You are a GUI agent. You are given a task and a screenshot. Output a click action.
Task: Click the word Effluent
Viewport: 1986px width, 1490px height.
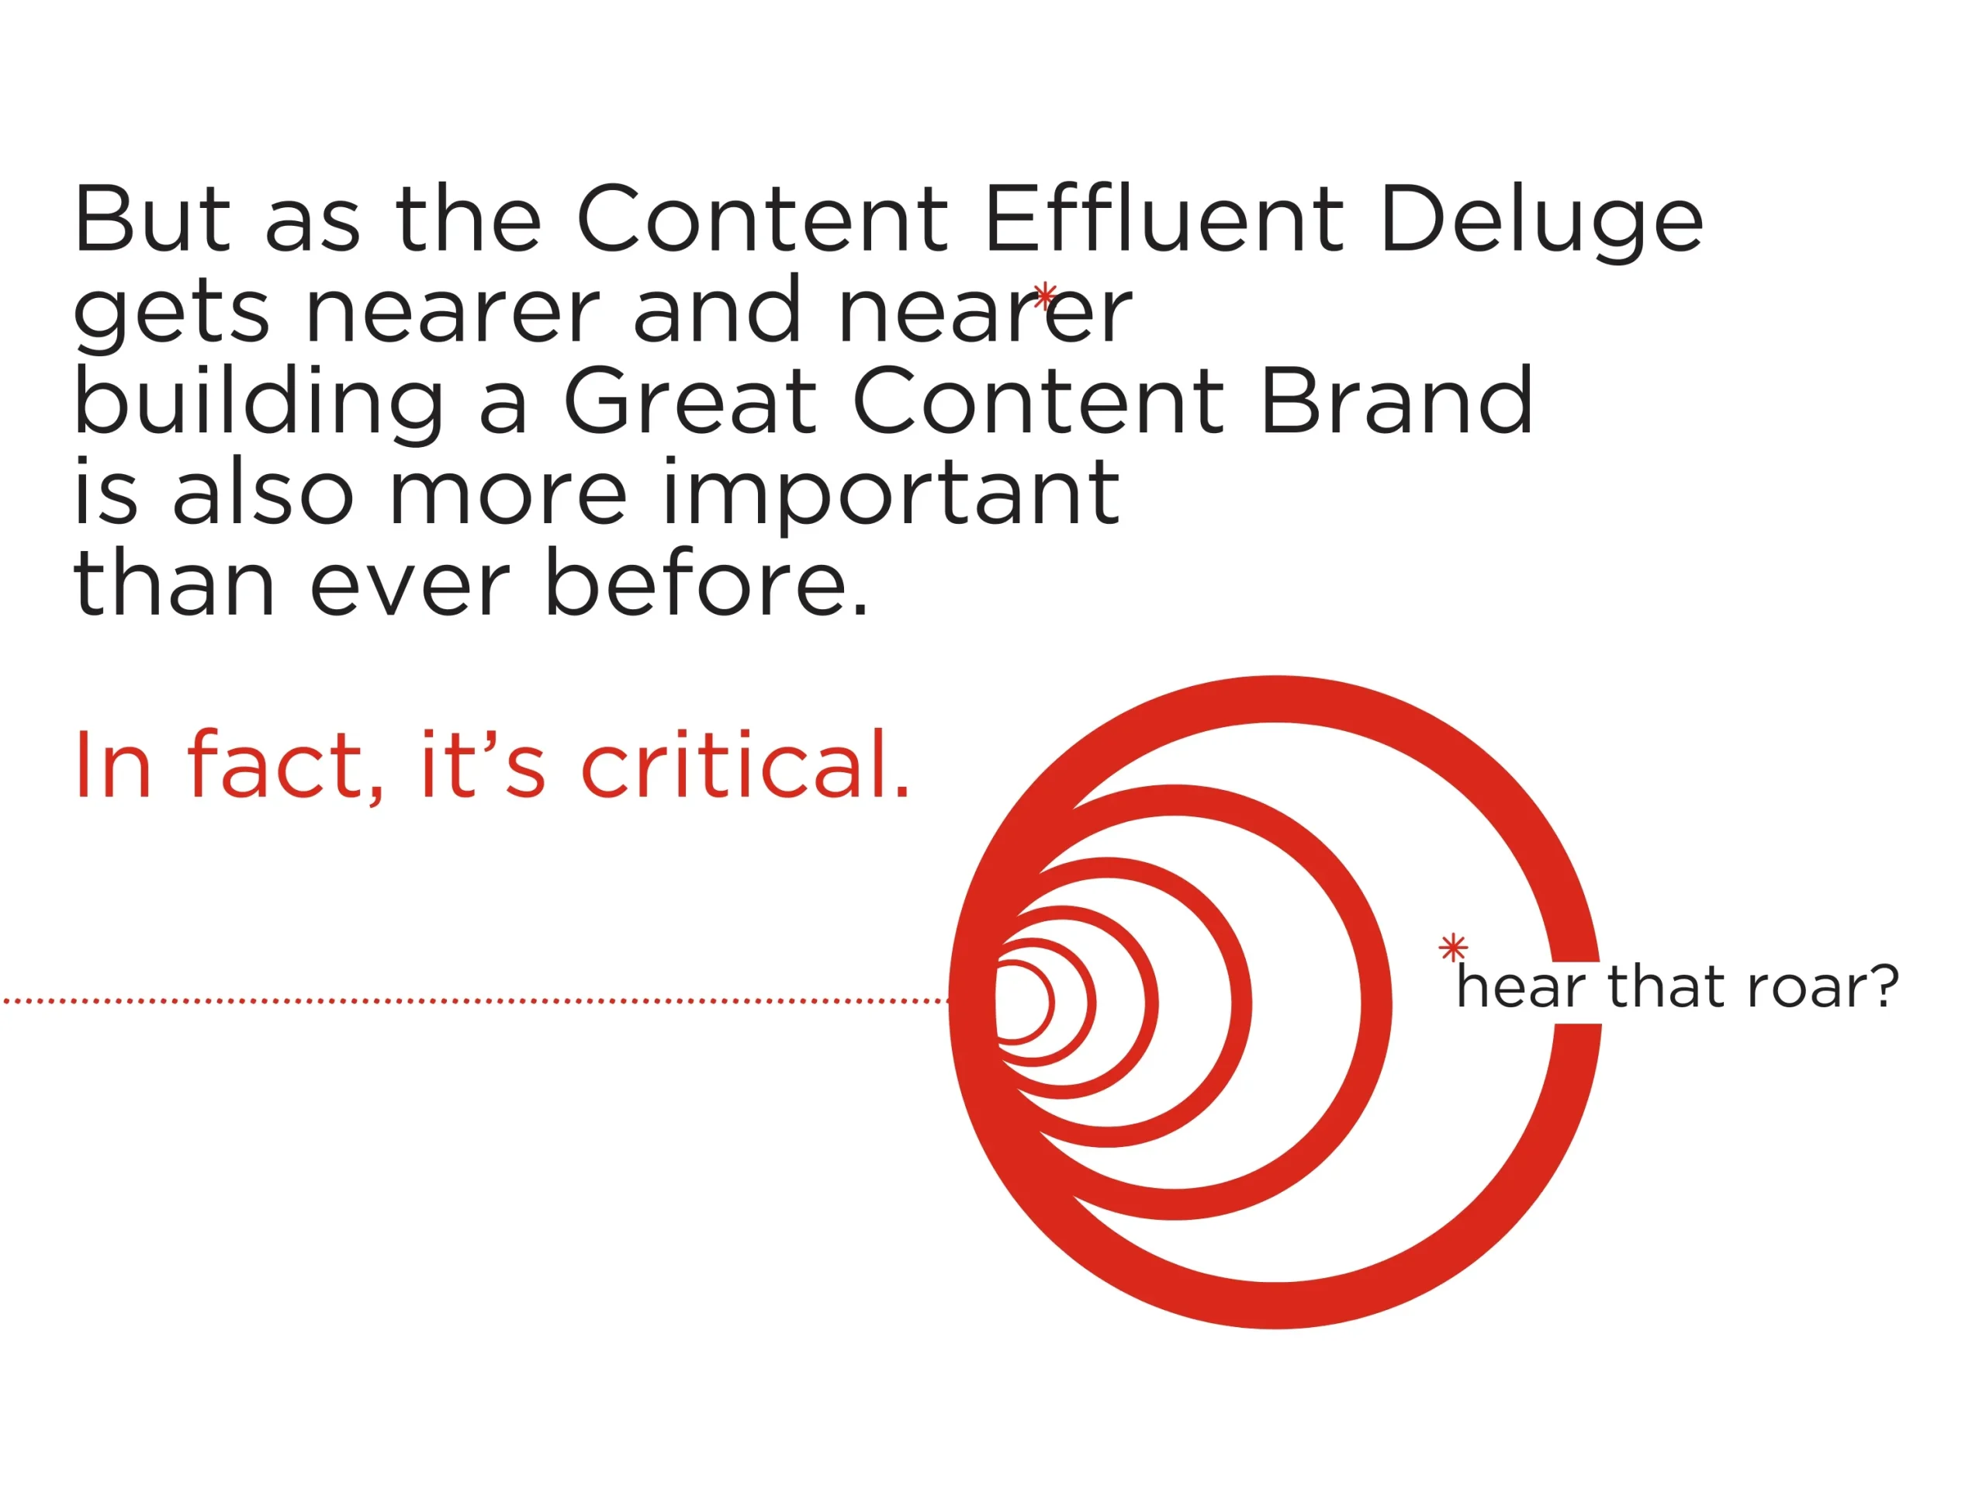click(1164, 218)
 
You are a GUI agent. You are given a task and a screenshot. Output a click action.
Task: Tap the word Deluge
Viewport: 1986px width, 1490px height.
click(1541, 222)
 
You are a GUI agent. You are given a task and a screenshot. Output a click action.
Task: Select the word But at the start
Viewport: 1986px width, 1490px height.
click(153, 218)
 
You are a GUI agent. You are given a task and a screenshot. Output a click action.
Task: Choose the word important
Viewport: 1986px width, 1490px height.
click(891, 495)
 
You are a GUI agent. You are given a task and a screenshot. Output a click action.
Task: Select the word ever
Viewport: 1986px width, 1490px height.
click(410, 588)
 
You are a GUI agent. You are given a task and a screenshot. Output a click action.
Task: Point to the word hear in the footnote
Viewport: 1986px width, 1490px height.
click(1522, 986)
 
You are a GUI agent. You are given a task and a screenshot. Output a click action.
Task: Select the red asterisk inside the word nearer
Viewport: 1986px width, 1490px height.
click(1045, 296)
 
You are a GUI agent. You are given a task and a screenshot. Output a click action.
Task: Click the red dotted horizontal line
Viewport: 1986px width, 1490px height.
click(476, 1000)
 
